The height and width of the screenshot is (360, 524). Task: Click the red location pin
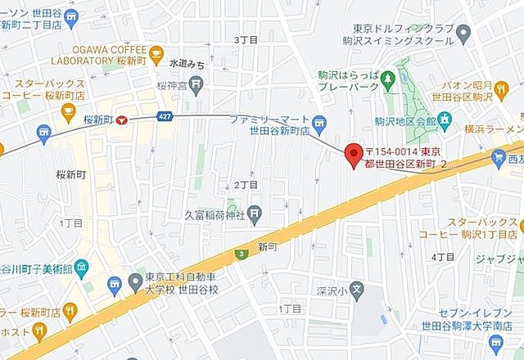[x=353, y=154]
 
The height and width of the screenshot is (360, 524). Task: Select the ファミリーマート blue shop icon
[x=319, y=125]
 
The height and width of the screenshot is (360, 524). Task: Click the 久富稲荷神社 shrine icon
[x=255, y=215]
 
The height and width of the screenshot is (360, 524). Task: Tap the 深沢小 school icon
[x=356, y=289]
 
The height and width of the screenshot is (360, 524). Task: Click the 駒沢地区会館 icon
[x=445, y=121]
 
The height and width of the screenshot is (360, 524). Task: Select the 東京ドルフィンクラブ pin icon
[x=464, y=34]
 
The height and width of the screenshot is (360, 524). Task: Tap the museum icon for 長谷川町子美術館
[x=81, y=267]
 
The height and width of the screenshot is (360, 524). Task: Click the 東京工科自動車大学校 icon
[x=114, y=284]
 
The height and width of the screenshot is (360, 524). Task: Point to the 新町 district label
[x=268, y=246]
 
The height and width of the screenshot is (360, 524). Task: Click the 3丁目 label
[x=246, y=39]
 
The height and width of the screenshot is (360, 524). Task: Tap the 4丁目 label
[x=443, y=257]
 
